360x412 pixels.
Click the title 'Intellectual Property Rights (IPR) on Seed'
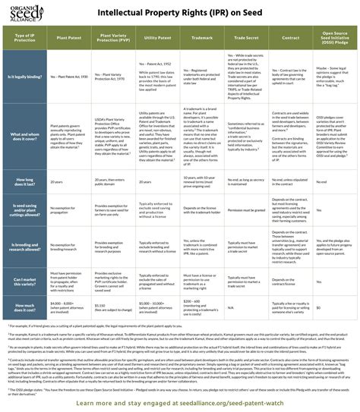pyautogui.click(x=189, y=13)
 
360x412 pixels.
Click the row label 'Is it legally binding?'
pyautogui.click(x=25, y=77)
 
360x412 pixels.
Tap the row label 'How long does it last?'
pyautogui.click(x=25, y=183)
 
